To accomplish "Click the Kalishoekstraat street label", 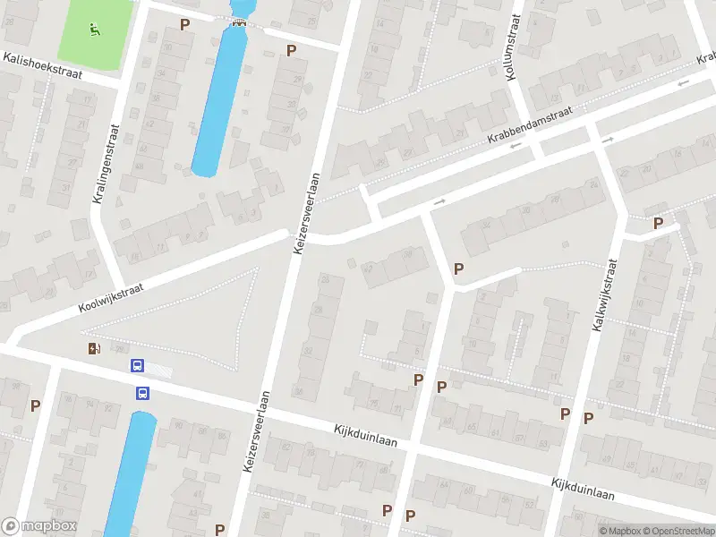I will pos(42,65).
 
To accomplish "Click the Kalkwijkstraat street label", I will pos(605,295).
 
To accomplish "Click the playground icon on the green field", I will pos(95,29).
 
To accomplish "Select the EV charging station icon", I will pos(94,348).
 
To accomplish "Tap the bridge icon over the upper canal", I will pos(238,22).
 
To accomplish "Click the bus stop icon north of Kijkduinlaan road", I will pos(137,365).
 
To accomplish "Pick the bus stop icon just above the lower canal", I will pos(141,392).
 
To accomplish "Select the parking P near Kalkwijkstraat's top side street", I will pos(659,223).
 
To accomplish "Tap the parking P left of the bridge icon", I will pos(185,24).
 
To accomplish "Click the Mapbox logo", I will pos(38,526).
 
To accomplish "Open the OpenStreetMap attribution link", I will pos(678,531).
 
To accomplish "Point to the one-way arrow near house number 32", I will pos(439,202).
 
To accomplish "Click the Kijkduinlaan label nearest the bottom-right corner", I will pos(583,488).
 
